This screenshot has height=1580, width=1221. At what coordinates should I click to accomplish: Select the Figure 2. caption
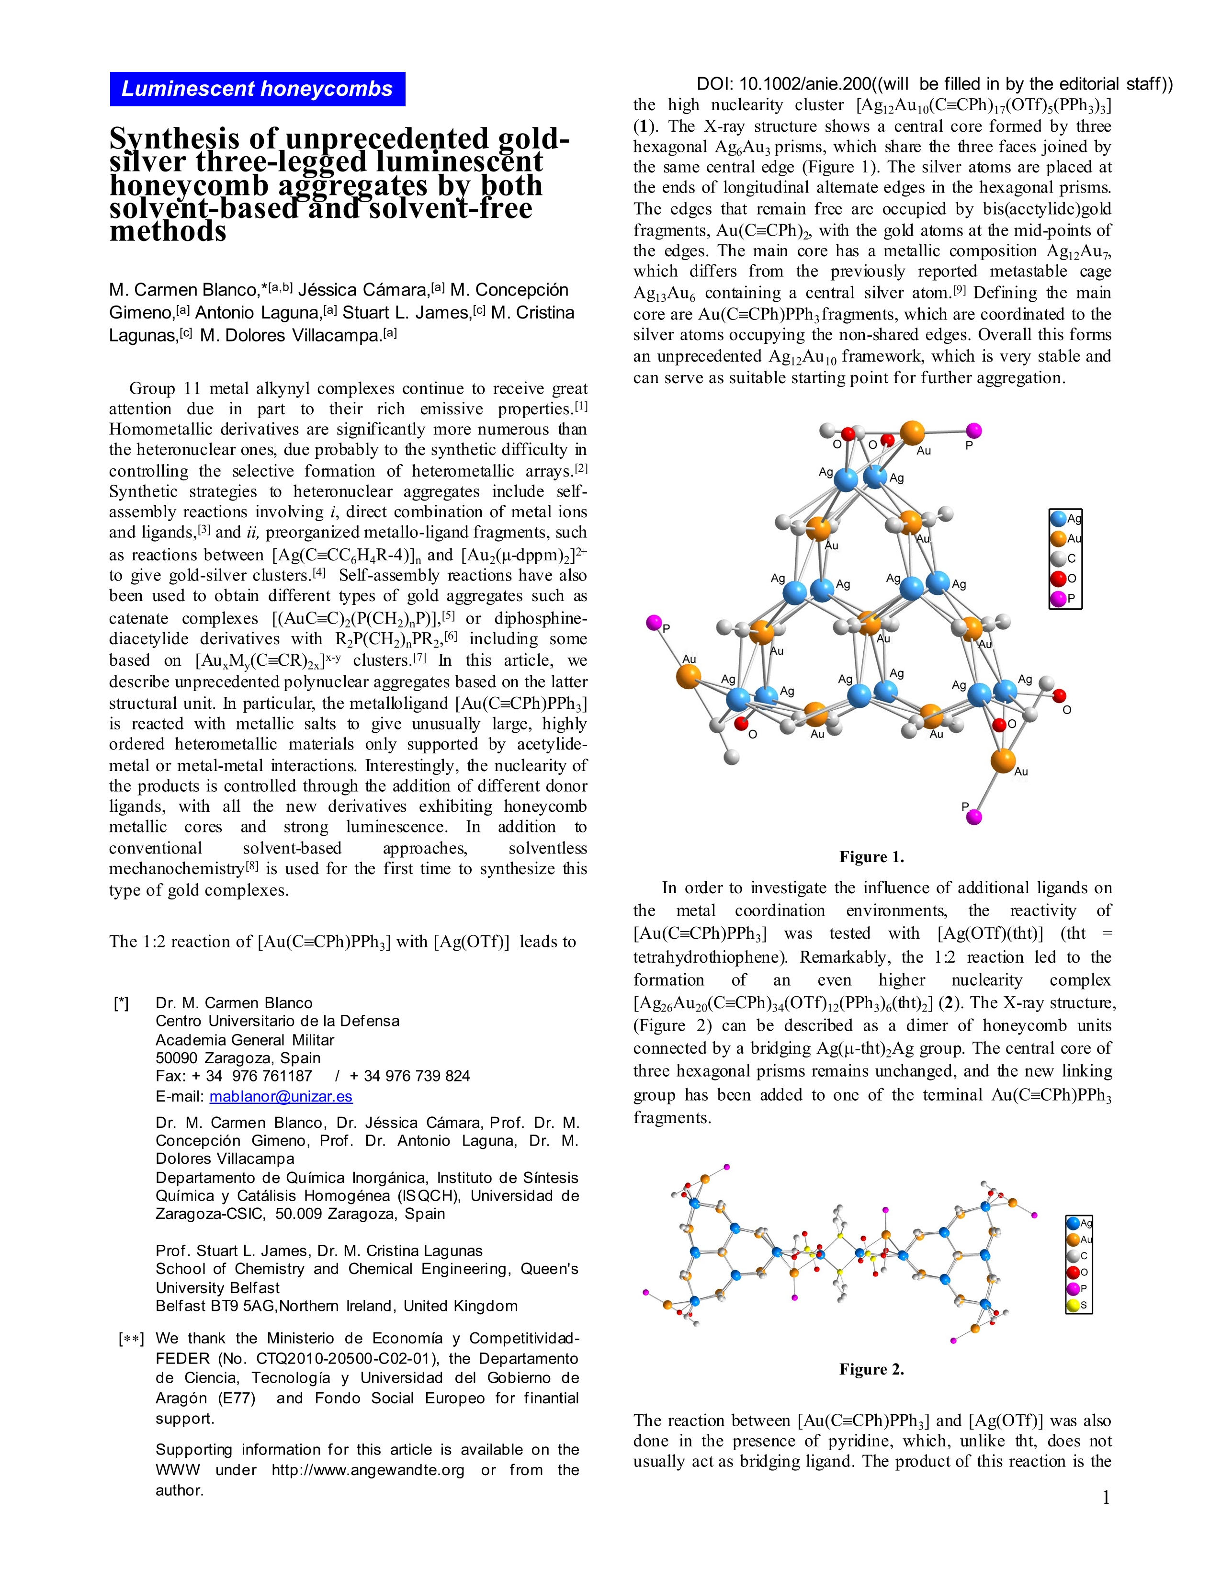pos(871,1369)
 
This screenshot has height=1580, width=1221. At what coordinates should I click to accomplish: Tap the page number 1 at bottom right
pos(1105,1498)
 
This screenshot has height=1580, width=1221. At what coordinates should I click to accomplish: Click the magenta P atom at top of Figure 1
pos(974,431)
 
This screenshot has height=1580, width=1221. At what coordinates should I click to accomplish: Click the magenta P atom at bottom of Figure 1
pos(974,817)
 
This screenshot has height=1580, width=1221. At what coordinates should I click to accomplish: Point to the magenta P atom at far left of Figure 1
pos(654,622)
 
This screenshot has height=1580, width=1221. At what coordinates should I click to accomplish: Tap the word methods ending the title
pos(168,231)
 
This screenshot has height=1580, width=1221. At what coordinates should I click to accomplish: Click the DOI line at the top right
pos(934,84)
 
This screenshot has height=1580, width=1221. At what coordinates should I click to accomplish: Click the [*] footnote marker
pos(122,1003)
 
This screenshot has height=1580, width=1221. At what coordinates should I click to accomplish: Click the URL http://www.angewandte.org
pos(367,1470)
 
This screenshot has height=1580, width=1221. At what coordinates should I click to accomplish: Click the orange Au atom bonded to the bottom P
pos(1003,761)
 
